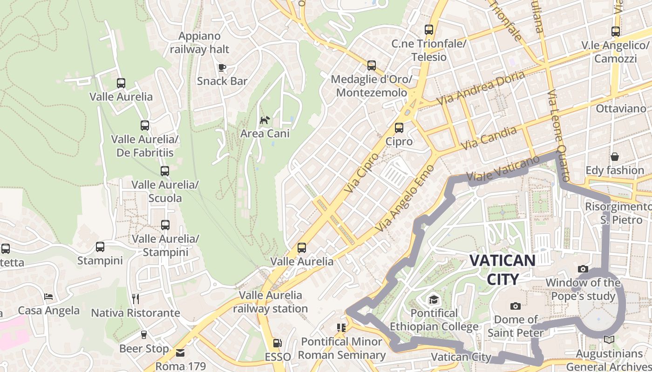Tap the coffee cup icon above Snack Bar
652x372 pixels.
tap(222, 67)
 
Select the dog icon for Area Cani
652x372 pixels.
tap(265, 120)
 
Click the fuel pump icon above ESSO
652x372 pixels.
tap(278, 343)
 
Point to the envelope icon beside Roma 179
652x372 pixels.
tap(180, 353)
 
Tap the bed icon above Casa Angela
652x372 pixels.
tap(48, 297)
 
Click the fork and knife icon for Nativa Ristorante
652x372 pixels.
tap(136, 298)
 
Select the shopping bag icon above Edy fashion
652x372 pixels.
tap(615, 157)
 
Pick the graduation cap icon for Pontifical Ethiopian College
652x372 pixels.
tap(434, 299)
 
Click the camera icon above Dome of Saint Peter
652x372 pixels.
tap(515, 306)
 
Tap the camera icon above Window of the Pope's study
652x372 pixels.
tap(583, 269)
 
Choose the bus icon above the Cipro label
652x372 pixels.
tap(399, 127)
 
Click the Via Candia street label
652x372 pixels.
tap(489, 138)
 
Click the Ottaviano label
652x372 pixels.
tap(621, 109)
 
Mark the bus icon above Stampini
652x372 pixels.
tap(100, 247)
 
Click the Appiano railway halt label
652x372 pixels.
tap(200, 42)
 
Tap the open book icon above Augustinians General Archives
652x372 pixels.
tap(609, 340)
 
